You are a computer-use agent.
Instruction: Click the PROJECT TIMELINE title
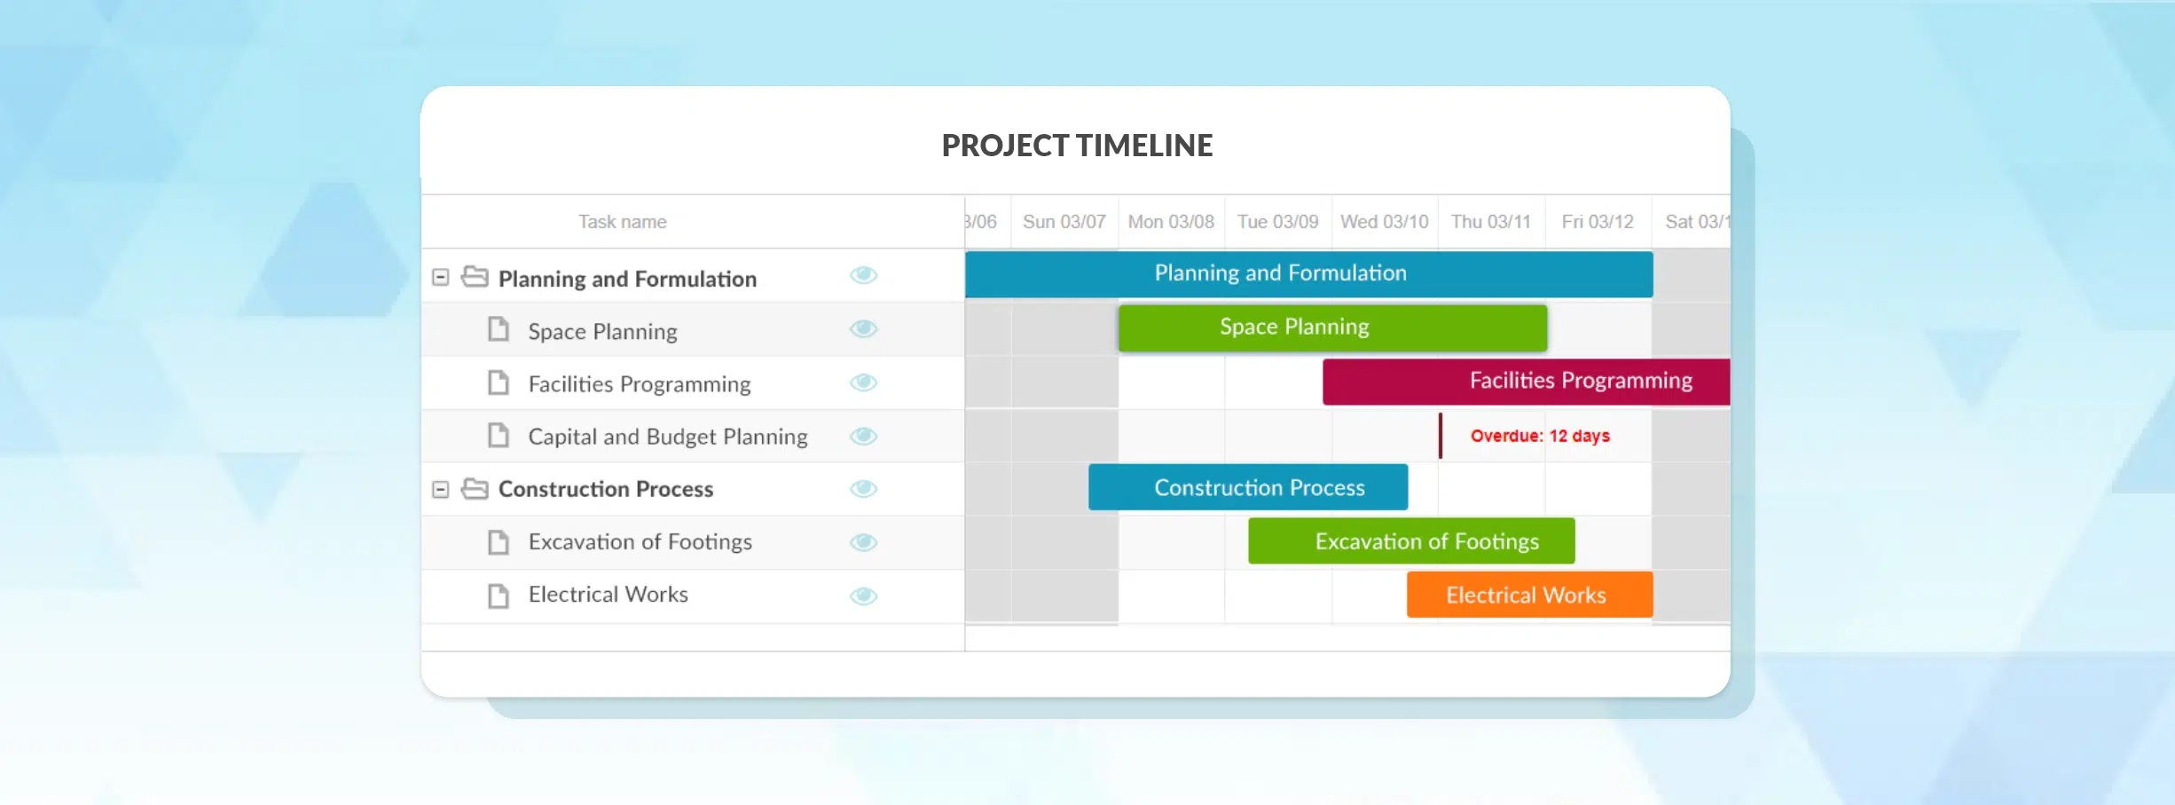(x=1076, y=146)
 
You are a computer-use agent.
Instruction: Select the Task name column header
(x=622, y=222)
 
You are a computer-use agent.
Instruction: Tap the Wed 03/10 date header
(x=1384, y=222)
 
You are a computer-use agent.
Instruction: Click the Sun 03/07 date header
(x=1064, y=222)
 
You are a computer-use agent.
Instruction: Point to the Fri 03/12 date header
(x=1597, y=222)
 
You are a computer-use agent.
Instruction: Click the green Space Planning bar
(x=1331, y=328)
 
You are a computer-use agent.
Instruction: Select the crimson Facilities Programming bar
(x=1526, y=382)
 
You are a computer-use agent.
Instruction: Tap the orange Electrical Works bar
(x=1528, y=595)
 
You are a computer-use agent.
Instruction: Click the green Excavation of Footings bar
(x=1410, y=541)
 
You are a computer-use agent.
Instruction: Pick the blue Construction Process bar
(x=1247, y=487)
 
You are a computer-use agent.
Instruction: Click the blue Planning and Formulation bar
(x=1308, y=274)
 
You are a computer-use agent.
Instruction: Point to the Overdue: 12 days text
(x=1539, y=436)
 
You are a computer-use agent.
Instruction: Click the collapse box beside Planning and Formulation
(x=440, y=277)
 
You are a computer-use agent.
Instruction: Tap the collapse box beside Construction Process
(x=440, y=489)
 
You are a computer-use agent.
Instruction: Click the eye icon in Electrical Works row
(x=863, y=596)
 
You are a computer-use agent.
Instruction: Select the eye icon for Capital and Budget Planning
(x=863, y=436)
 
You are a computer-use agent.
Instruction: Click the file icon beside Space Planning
(x=499, y=329)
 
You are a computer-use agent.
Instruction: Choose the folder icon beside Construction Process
(x=475, y=489)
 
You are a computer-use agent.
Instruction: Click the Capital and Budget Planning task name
(x=667, y=437)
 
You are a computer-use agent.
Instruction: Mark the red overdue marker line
(x=1440, y=436)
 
